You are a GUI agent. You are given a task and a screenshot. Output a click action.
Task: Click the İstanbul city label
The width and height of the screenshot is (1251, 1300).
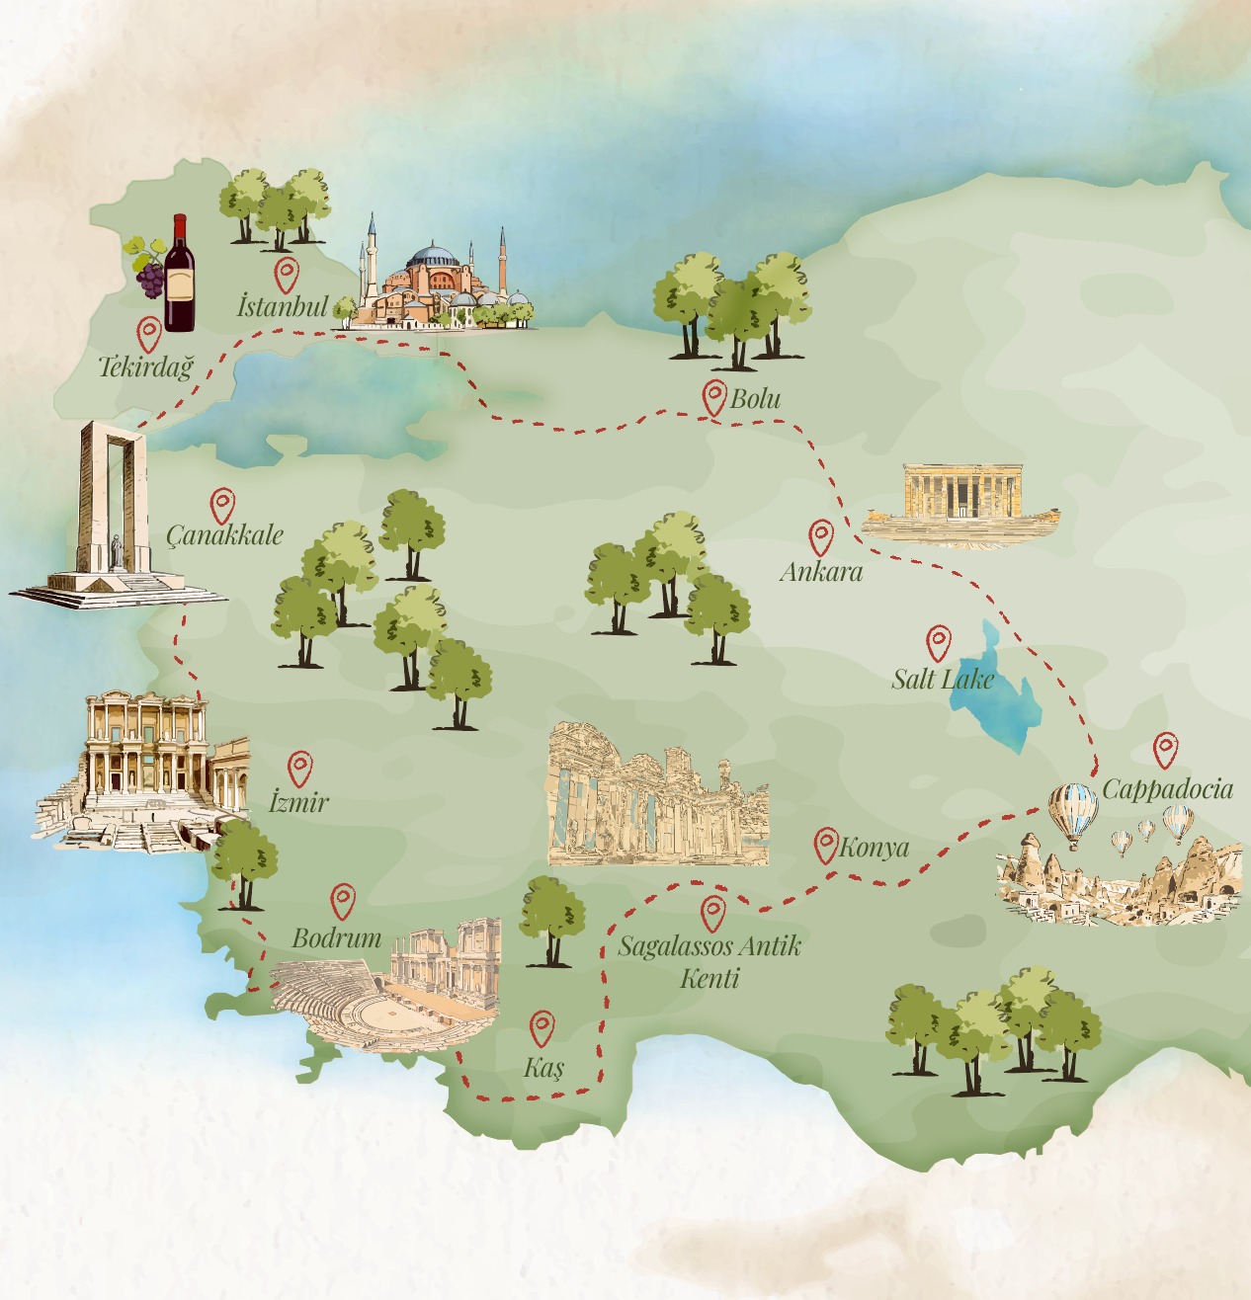(x=282, y=306)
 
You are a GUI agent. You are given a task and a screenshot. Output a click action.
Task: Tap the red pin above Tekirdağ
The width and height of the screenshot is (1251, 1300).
(x=149, y=334)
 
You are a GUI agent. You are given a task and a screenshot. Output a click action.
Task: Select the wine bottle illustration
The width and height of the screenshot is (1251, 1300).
(x=179, y=274)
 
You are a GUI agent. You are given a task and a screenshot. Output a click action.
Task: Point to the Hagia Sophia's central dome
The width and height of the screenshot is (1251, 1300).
(x=433, y=256)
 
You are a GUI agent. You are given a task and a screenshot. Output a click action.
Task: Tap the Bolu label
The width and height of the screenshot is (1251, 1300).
(x=756, y=399)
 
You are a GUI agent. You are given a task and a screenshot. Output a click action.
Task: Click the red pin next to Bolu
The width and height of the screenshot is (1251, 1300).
(x=713, y=397)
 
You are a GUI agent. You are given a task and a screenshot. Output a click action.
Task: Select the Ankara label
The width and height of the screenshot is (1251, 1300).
(x=820, y=571)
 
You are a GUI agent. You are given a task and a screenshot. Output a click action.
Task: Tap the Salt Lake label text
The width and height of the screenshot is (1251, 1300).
(x=942, y=679)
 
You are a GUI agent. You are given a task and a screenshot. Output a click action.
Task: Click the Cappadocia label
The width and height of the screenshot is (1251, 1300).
(x=1167, y=788)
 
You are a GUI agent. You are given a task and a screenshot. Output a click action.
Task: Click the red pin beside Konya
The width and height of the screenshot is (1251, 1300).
(x=825, y=846)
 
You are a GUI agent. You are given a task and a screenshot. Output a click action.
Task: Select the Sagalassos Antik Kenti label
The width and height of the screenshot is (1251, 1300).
(x=709, y=961)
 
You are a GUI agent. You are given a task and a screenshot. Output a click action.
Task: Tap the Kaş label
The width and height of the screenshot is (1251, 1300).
(x=543, y=1067)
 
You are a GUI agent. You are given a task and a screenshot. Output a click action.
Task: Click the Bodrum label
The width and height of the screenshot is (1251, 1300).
(x=336, y=937)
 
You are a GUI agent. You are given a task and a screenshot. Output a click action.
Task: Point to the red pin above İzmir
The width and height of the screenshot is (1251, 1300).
(x=299, y=768)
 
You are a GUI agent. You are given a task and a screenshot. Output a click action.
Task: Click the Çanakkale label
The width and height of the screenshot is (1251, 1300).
(x=224, y=535)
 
